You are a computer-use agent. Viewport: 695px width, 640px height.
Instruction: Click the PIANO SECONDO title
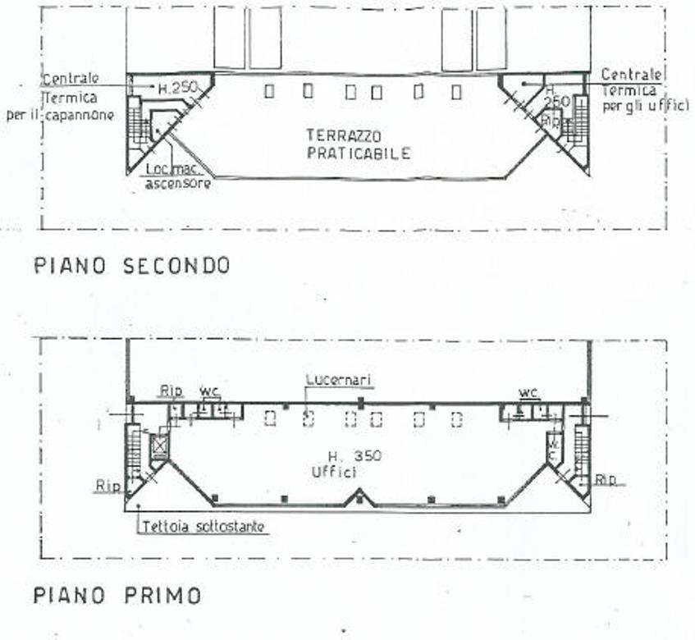pyautogui.click(x=131, y=266)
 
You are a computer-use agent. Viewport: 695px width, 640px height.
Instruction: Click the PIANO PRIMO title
pyautogui.click(x=117, y=595)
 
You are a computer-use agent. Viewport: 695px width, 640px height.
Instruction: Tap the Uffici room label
pyautogui.click(x=332, y=472)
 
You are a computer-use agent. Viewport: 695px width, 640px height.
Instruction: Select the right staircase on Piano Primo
pyautogui.click(x=583, y=451)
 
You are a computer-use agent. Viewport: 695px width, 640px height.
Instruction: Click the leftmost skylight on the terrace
pyautogui.click(x=269, y=91)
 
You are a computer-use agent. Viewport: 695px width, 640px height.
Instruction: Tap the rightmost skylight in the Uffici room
pyautogui.click(x=456, y=419)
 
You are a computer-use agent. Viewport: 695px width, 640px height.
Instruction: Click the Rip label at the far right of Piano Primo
pyautogui.click(x=606, y=479)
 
